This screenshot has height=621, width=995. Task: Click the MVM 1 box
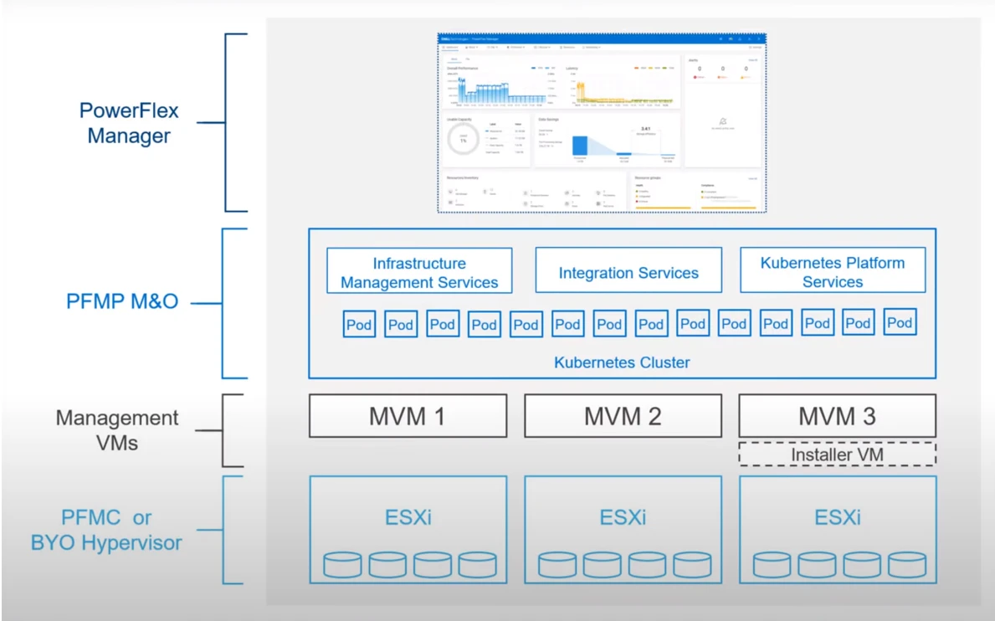coord(408,416)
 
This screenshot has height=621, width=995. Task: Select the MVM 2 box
coord(623,416)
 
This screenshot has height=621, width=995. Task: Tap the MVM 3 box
coord(837,416)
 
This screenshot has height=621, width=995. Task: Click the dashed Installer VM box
coord(837,454)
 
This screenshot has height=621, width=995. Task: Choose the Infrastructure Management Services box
coord(419,273)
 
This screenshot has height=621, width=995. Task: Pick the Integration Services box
coord(628,273)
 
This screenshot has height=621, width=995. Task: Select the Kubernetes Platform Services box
coord(833,273)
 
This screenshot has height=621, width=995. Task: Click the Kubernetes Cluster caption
coord(622,362)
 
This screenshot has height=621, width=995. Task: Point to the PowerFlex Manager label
coord(129,123)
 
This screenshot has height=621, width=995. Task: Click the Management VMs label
coord(117,430)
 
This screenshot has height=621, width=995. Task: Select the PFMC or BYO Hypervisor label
coord(106,530)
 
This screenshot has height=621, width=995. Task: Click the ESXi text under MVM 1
coord(408,517)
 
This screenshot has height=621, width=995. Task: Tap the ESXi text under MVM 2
coord(623,517)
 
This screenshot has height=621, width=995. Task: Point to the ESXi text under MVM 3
coord(837,517)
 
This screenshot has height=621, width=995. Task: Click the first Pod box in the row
coord(359,325)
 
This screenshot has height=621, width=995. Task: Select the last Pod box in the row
coord(900,323)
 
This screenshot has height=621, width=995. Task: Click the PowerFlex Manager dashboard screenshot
coord(602,122)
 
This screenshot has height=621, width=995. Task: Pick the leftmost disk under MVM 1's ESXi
coord(342,565)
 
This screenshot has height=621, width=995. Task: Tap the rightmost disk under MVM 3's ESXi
coord(907,565)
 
